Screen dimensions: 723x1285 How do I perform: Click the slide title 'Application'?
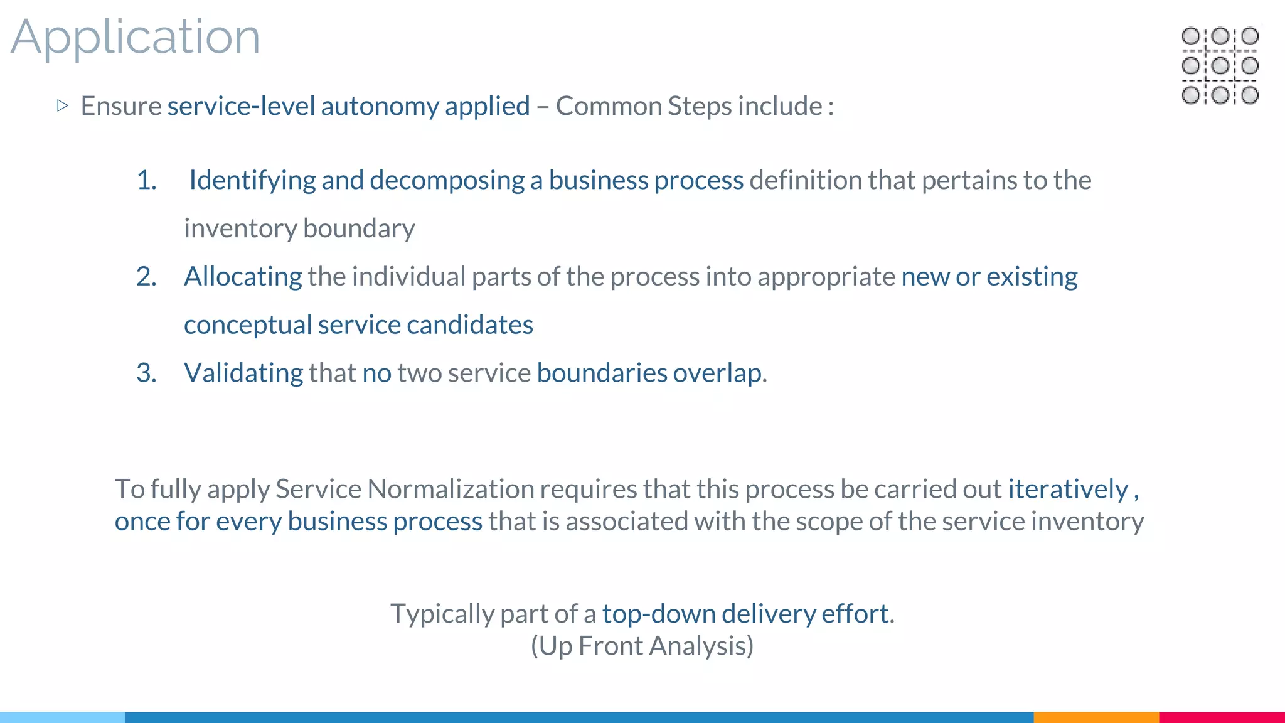[136, 38]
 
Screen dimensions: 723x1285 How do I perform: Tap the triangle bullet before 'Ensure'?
[62, 105]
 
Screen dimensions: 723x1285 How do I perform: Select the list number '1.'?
[147, 181]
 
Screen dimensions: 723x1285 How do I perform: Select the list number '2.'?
[147, 277]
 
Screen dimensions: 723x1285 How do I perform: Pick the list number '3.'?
[147, 373]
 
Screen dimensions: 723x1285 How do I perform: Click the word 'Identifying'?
[252, 181]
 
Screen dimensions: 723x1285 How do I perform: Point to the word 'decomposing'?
[447, 181]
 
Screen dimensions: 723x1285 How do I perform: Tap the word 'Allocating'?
[243, 277]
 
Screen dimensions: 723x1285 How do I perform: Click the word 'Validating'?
[243, 373]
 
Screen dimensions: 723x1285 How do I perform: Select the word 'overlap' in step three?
[717, 373]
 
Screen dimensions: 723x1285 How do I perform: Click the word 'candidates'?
[470, 325]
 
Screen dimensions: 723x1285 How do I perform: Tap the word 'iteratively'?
[1068, 489]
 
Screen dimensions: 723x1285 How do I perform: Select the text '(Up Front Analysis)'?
[642, 646]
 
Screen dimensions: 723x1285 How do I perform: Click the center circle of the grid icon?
[1220, 65]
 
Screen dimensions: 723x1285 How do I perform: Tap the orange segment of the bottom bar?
[1096, 717]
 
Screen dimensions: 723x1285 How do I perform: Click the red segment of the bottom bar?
[1222, 717]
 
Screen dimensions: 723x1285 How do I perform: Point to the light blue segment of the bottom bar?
[63, 717]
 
